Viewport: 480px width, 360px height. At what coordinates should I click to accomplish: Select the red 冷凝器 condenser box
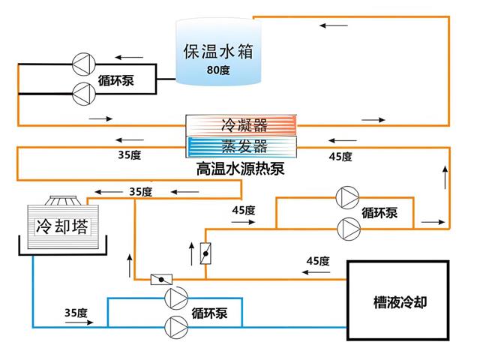coord(244,124)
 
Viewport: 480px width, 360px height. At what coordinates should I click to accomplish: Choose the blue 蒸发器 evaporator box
coord(244,145)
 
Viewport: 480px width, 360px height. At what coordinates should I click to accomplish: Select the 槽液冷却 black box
coord(397,303)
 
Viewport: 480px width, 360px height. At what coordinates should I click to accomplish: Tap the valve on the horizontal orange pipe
coord(158,280)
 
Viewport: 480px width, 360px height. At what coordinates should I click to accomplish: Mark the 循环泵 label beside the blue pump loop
coord(210,312)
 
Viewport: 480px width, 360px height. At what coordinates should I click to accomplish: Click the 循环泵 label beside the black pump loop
coord(115,79)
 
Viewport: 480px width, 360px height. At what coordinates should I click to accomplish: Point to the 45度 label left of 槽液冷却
coord(318,260)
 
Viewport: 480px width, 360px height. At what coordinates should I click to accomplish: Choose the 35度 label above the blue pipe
coord(76,312)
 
